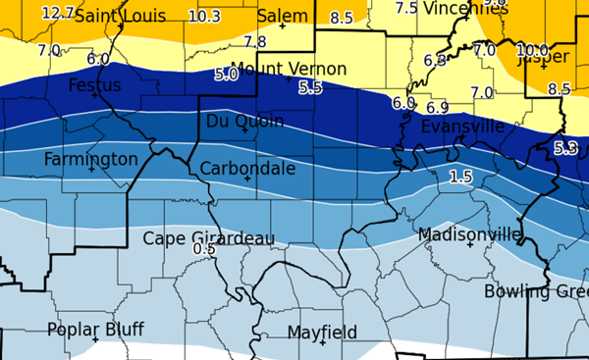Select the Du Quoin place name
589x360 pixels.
[244, 121]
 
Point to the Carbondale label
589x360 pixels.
[247, 169]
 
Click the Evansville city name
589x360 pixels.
[462, 127]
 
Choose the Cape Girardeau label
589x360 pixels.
[208, 238]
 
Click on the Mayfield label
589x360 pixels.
[322, 333]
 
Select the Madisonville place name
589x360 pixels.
[469, 234]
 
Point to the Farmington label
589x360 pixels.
[90, 159]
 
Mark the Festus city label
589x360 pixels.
[95, 85]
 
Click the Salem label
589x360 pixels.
[282, 17]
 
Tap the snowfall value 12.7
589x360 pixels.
[59, 13]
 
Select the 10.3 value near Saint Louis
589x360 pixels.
[203, 16]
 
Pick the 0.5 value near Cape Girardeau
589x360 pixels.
[204, 249]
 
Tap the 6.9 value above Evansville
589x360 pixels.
[437, 107]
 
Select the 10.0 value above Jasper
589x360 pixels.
[532, 50]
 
